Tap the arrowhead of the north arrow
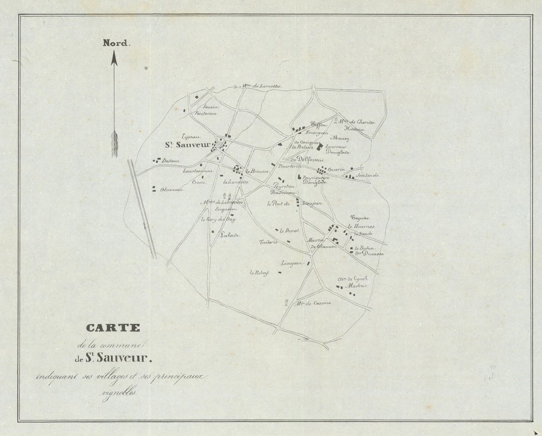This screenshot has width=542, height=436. (114, 58)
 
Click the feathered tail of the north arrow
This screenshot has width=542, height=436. (114, 144)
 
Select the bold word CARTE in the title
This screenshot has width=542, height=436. (113, 328)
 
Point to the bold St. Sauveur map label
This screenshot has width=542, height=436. (187, 145)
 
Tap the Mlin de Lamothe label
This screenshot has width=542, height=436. (262, 86)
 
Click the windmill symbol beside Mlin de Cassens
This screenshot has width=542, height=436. (286, 302)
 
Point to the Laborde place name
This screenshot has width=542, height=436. (230, 235)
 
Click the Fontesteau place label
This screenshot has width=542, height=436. (206, 113)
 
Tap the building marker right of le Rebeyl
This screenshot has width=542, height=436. (279, 272)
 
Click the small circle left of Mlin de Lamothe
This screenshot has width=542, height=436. (236, 86)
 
